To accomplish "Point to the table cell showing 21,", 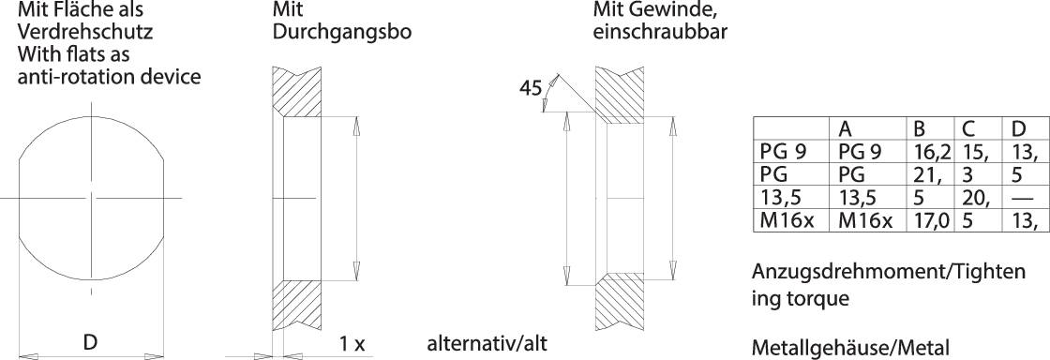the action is (922, 175).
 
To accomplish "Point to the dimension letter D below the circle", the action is (90, 342).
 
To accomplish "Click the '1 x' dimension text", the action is (352, 343).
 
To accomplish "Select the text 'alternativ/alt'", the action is (486, 343).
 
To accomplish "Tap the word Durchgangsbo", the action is (342, 32).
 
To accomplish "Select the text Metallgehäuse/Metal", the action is (850, 347).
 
